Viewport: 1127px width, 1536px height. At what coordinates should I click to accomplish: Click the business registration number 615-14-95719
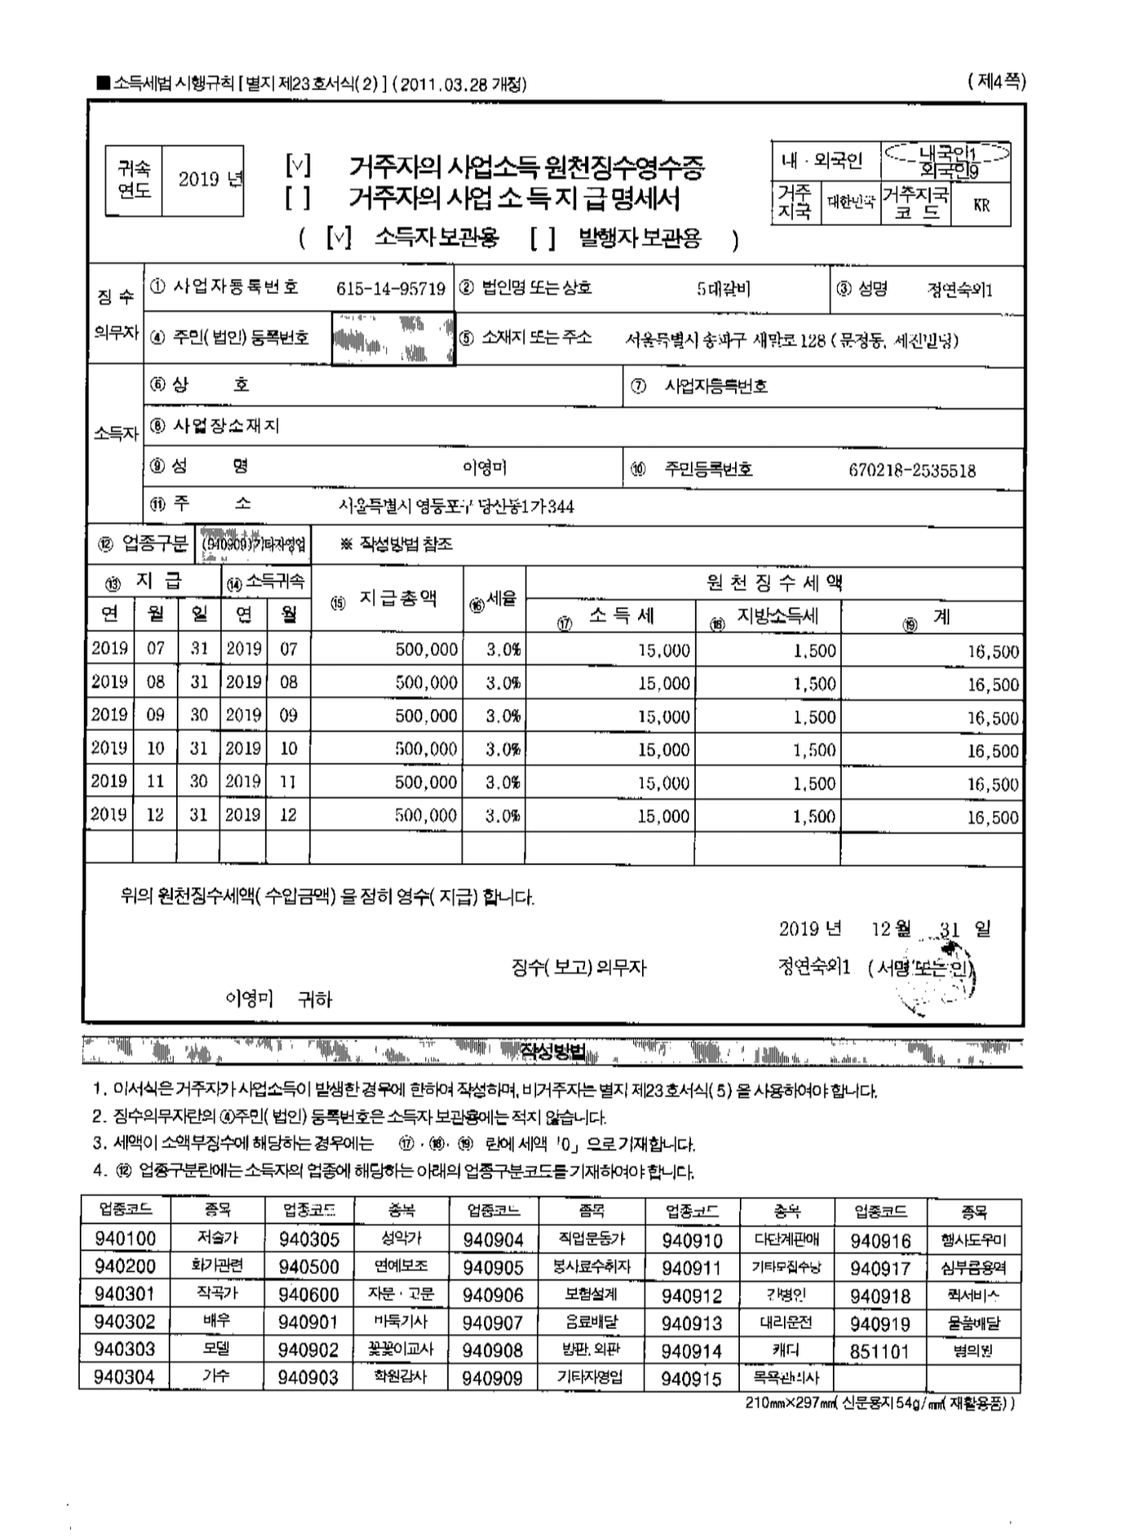coord(390,288)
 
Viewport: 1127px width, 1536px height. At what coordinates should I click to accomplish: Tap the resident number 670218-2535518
coord(912,470)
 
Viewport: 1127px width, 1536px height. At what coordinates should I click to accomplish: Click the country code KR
coord(981,206)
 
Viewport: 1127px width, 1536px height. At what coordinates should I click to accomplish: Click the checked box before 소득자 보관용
coord(338,239)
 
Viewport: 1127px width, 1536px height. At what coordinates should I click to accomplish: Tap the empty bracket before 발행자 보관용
coord(542,239)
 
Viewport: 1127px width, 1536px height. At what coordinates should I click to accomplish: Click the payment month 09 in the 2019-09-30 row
coord(155,715)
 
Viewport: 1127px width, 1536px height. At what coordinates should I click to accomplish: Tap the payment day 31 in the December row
coord(199,815)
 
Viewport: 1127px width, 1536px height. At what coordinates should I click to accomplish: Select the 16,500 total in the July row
coord(993,651)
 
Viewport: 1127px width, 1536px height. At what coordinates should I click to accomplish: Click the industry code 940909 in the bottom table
coord(493,1378)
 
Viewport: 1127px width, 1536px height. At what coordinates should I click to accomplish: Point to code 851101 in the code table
coord(879,1351)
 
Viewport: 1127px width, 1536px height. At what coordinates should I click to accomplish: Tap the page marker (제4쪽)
coord(997,81)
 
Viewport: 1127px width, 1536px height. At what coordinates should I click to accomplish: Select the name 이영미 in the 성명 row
coord(485,468)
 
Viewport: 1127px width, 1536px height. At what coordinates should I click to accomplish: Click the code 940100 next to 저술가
coord(125,1239)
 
